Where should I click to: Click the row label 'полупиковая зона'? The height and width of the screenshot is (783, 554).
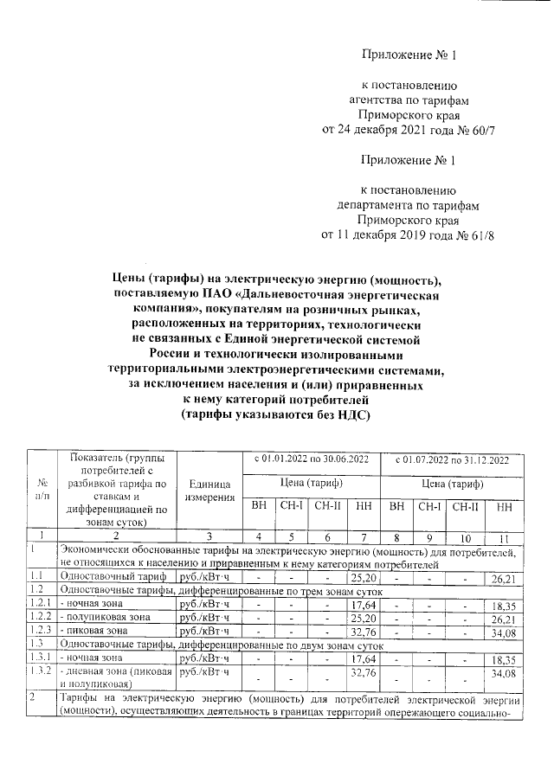pos(103,617)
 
